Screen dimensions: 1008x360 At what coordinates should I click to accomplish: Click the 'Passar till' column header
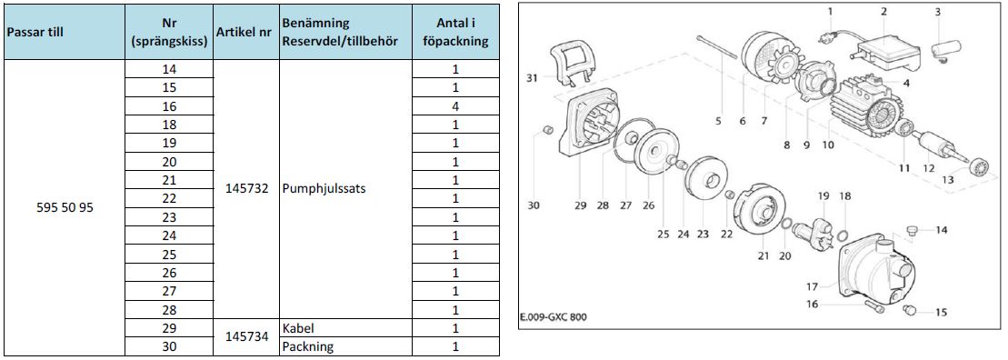(35, 32)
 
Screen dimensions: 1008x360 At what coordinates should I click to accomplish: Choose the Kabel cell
(297, 328)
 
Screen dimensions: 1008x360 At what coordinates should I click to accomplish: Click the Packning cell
(307, 347)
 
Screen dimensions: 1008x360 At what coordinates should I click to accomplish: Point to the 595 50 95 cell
(66, 208)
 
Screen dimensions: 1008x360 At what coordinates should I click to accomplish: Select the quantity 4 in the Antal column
(455, 106)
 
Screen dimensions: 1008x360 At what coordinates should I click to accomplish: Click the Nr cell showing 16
(169, 106)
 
